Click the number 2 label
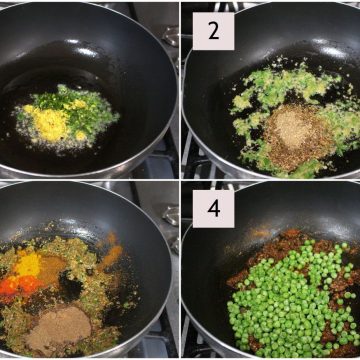(213, 31)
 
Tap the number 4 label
(213, 209)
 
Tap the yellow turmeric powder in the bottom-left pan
(29, 264)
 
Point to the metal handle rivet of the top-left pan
(171, 35)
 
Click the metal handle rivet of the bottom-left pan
(172, 216)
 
